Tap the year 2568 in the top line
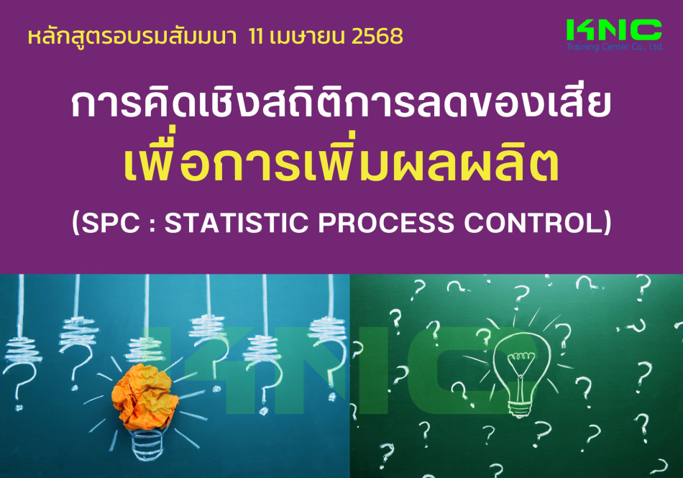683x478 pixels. point(377,37)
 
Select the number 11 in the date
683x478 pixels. point(257,37)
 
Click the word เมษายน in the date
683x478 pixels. point(308,37)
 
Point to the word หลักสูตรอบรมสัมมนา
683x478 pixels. point(132,37)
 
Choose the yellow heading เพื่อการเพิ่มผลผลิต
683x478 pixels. point(341,165)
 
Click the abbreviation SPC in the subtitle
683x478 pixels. point(111,222)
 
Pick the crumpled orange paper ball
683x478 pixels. point(145,397)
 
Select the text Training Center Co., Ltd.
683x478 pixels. point(615,47)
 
